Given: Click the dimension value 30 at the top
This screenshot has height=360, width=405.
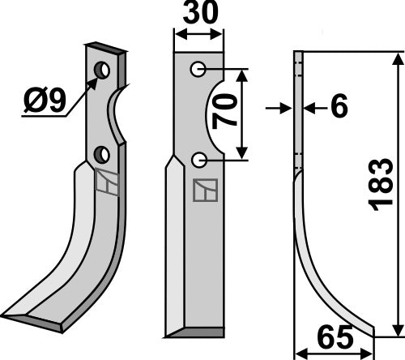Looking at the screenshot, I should click(199, 15).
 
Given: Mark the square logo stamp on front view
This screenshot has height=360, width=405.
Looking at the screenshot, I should click(202, 191).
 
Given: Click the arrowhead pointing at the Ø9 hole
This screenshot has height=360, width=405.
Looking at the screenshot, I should click(95, 79).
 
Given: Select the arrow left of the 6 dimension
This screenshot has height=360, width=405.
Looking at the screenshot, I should click(283, 106).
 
